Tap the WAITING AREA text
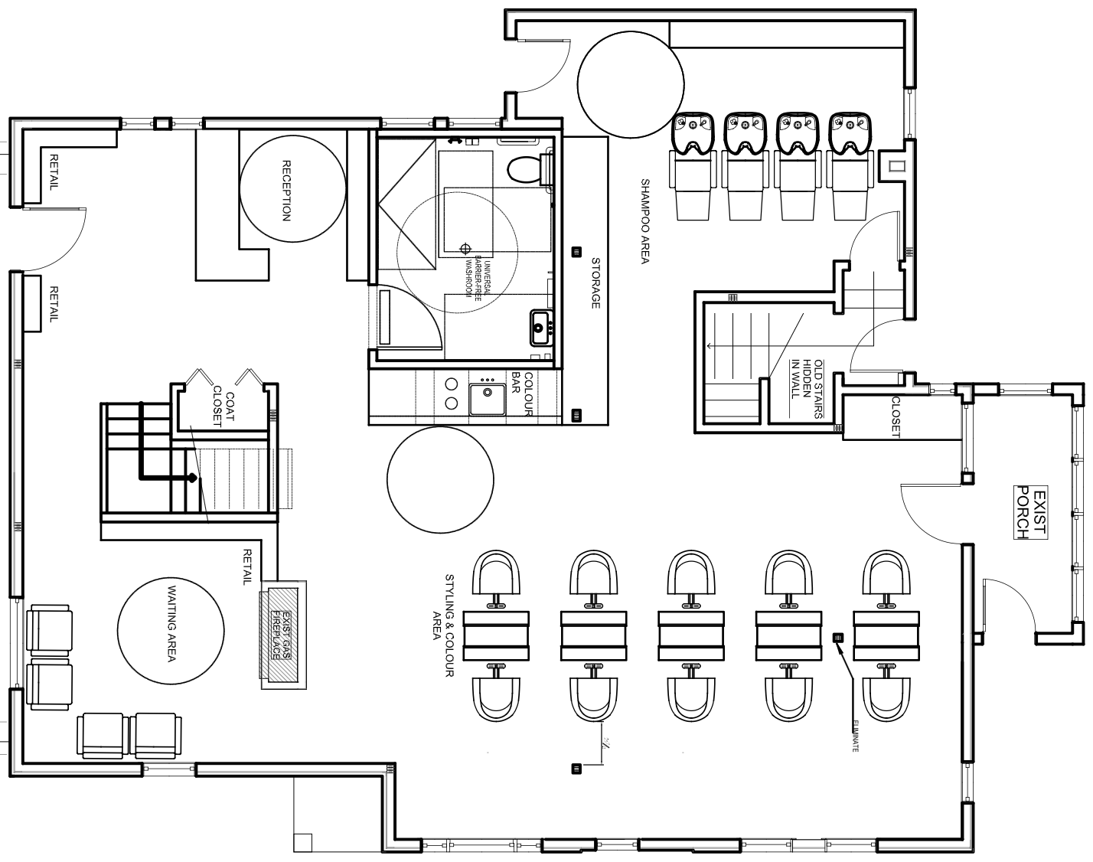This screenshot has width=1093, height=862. [x=171, y=624]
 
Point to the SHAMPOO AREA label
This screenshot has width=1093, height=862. [x=644, y=222]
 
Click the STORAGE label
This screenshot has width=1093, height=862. [x=595, y=283]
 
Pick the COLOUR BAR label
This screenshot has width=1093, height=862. [x=521, y=395]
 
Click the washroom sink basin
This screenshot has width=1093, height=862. [x=543, y=328]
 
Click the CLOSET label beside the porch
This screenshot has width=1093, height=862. [x=896, y=416]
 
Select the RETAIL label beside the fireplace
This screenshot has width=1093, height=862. [x=246, y=567]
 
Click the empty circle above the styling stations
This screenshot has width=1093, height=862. [x=439, y=478]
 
